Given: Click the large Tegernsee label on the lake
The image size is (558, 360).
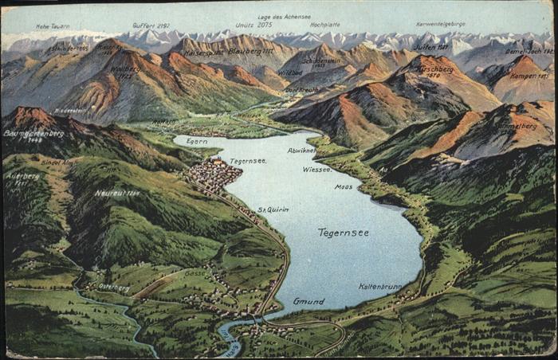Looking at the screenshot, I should point(343,233).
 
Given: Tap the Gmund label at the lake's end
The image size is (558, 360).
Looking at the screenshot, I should point(308,301).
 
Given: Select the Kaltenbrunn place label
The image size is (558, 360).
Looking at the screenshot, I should point(379,286).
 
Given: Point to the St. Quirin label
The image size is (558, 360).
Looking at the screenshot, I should point(273,209).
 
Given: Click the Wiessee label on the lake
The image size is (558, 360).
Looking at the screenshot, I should point(317,169).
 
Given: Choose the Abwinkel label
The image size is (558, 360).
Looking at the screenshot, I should point(301,150).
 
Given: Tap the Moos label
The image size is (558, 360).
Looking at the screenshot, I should point(344,186).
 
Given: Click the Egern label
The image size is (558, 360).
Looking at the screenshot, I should point(196,141).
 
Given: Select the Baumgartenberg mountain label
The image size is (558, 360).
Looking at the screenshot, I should point(33,133).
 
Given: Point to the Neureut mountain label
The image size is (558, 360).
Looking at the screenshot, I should point(116,193).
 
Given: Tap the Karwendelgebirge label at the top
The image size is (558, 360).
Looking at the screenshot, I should point(440,24).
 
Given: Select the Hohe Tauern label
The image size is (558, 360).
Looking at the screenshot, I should point(53,26).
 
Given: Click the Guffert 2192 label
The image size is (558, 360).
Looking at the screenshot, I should point(151,25).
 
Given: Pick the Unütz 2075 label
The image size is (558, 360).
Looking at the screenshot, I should point(253,25).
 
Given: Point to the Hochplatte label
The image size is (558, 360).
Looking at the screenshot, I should point(324,25).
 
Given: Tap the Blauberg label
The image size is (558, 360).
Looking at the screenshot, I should point(250,52).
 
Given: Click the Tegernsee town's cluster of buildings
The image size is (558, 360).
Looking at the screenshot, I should point(213,174).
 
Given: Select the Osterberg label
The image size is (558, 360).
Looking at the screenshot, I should point(114,287).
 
